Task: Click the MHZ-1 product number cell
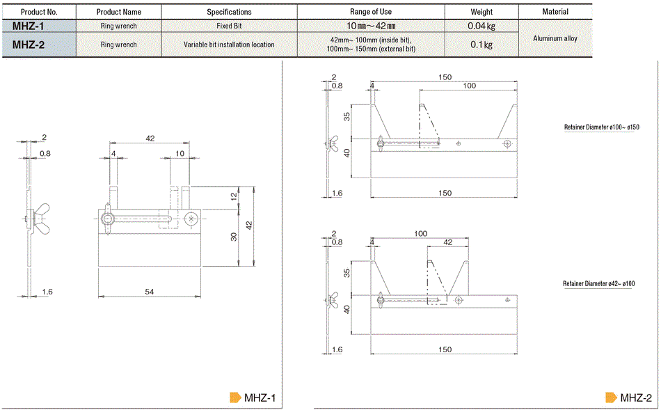pos(39,26)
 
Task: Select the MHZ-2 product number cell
pos(39,45)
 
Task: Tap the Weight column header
pos(481,12)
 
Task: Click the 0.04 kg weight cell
pos(481,26)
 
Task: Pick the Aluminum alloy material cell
pos(555,38)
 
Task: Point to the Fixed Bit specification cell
pos(229,26)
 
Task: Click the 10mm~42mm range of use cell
pos(371,26)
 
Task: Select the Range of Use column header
pos(371,12)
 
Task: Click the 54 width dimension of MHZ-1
pos(149,292)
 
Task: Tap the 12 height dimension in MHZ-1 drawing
pos(234,196)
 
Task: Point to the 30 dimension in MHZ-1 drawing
pos(234,237)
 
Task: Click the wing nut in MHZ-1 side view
pos(41,219)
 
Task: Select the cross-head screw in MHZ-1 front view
pos(191,219)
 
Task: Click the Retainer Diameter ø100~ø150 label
pos(602,127)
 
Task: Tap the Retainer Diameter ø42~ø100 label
pos(598,283)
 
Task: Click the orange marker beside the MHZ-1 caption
pos(235,397)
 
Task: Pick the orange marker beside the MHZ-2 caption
pos(612,397)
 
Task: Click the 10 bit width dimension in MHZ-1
pos(180,154)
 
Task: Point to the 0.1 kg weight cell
pos(481,45)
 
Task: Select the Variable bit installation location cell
pos(229,45)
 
